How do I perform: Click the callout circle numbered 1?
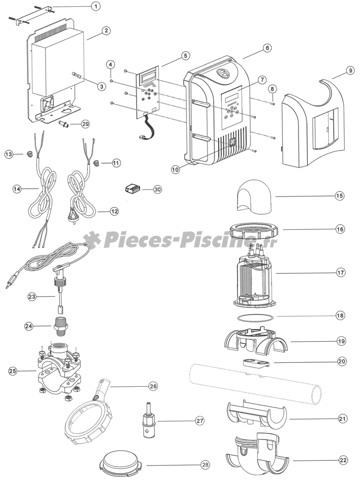(95, 6)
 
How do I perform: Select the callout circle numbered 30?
(157, 189)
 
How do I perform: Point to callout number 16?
(339, 229)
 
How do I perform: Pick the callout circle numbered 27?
(200, 421)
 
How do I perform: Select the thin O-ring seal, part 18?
(255, 317)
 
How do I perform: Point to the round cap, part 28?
(121, 465)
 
